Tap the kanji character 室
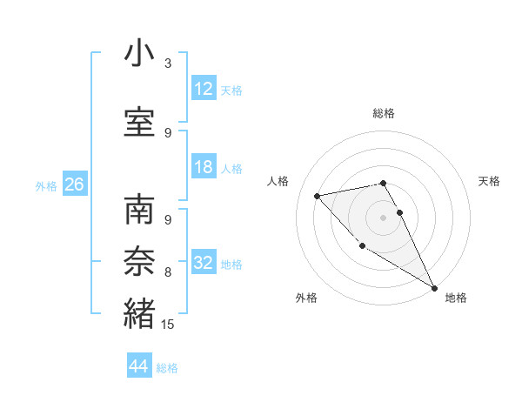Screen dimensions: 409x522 click(x=140, y=122)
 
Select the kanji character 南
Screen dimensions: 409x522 click(x=140, y=211)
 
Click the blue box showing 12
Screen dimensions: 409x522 click(x=204, y=89)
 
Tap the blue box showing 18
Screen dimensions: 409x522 click(x=204, y=167)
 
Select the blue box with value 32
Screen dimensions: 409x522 click(x=204, y=263)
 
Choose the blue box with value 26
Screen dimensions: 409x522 click(x=74, y=184)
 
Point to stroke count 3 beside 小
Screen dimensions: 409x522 click(x=168, y=64)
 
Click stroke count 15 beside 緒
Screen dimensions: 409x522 click(x=168, y=325)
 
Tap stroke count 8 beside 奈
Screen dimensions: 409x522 click(x=168, y=272)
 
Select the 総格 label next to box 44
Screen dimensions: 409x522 click(x=167, y=368)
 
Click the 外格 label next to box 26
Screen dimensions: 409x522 click(x=46, y=186)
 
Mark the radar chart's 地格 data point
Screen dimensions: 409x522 click(x=434, y=289)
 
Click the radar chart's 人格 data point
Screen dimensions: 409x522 click(x=318, y=196)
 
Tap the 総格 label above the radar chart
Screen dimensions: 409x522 click(x=383, y=113)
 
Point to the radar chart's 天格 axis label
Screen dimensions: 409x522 click(x=489, y=181)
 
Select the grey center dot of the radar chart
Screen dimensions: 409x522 click(x=383, y=217)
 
